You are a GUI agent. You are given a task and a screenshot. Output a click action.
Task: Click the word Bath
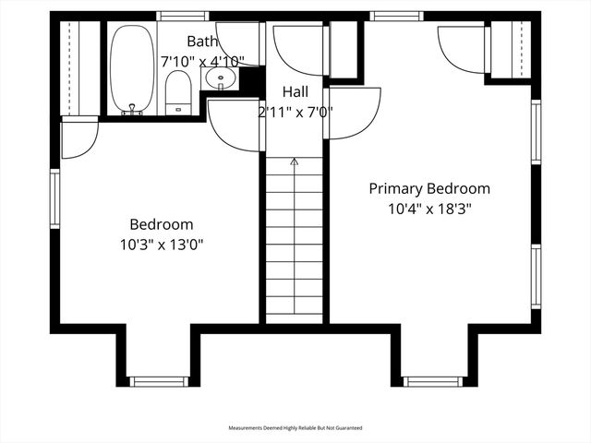point(202,41)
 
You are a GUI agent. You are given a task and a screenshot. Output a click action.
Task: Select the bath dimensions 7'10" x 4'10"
point(203,61)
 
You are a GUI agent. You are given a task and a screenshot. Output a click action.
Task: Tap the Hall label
point(295,92)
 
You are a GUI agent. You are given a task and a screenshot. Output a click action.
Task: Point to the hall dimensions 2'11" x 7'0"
point(295,112)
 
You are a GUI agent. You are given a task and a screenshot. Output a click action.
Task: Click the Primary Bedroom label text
point(429,188)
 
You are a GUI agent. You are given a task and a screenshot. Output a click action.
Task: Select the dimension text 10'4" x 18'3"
point(429,209)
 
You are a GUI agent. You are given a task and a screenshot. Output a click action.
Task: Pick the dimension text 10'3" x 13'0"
point(161,245)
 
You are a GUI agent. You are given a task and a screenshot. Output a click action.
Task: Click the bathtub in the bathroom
point(132,69)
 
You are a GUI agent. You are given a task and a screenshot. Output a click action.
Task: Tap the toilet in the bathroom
point(178,93)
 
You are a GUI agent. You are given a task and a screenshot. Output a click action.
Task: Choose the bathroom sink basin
point(221,78)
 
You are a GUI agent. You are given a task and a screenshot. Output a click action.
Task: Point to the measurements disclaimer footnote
point(295,428)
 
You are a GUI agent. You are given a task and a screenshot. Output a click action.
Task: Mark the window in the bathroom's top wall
point(179,16)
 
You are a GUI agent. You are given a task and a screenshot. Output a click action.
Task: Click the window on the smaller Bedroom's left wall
point(55,198)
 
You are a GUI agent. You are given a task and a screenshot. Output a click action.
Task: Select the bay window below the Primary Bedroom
point(432,381)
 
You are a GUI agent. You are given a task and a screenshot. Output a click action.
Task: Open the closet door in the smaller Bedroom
point(78,137)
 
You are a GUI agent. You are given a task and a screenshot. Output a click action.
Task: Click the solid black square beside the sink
point(249,79)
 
